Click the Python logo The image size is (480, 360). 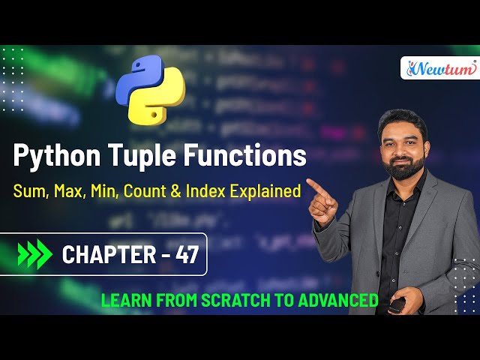(157, 89)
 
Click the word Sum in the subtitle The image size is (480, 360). (28, 191)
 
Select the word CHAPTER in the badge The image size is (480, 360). (106, 255)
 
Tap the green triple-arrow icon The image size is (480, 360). (34, 254)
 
